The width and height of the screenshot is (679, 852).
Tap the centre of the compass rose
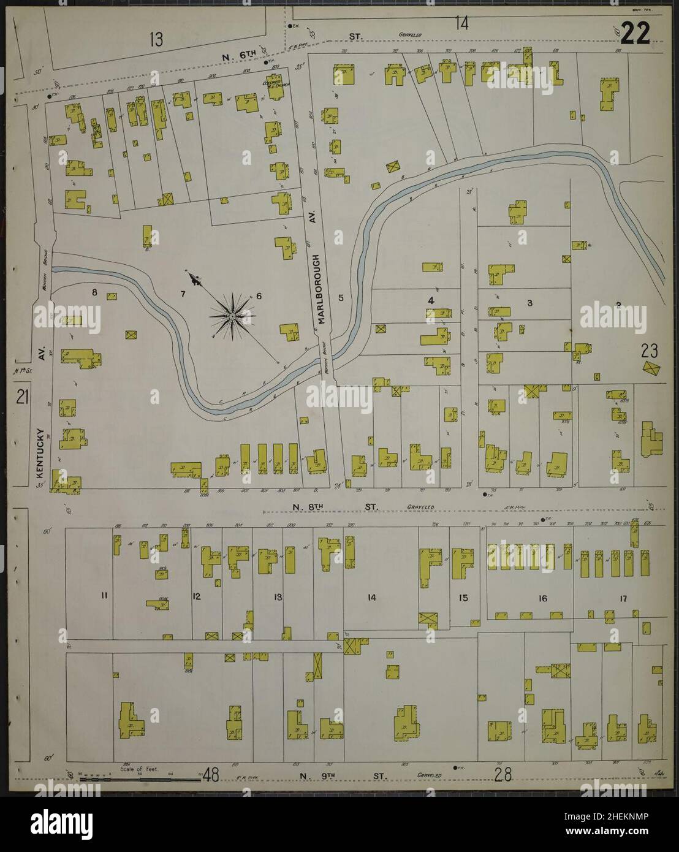[x=233, y=315]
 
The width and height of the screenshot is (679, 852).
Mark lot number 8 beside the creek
[x=95, y=292]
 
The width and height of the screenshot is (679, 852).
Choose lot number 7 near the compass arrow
[x=183, y=294]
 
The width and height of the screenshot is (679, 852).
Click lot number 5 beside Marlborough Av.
[x=341, y=298]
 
